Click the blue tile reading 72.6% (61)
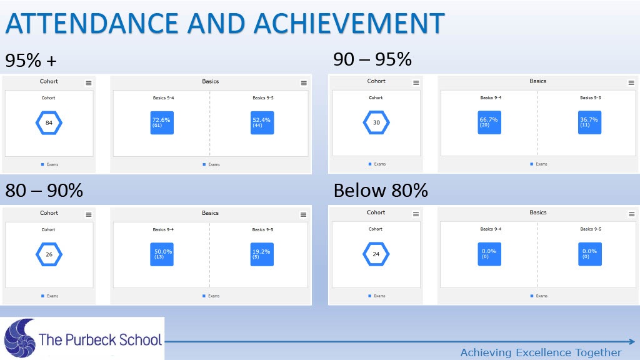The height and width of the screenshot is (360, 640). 162,123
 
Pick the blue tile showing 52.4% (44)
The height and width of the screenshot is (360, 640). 262,123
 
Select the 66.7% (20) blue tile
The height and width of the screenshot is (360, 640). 489,122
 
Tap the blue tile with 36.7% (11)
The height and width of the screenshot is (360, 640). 590,122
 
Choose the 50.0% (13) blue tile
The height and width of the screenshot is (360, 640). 162,254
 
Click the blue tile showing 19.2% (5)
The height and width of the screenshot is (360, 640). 262,254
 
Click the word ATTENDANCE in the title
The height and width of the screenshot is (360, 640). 91,23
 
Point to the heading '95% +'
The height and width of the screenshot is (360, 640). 31,61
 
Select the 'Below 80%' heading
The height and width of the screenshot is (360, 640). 381,191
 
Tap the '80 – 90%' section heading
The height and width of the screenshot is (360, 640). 44,191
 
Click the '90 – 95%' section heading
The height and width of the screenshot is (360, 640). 372,59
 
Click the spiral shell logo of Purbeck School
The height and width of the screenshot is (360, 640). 19,338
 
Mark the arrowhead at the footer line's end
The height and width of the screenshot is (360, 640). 632,342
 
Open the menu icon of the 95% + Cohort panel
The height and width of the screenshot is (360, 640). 89,83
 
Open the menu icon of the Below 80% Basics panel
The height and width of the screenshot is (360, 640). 631,214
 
